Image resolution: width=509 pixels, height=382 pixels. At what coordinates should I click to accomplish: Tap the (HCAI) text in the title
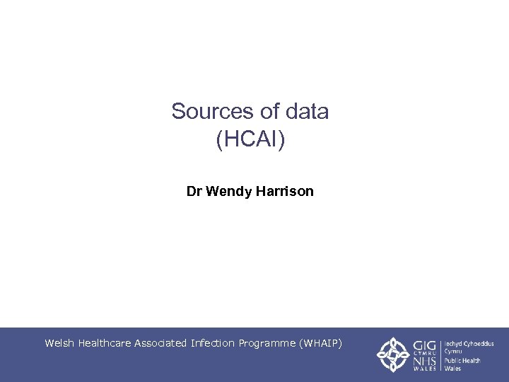[250, 139]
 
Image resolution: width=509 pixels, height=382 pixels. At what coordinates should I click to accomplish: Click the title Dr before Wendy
[194, 191]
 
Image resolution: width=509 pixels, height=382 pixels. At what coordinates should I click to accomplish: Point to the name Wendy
[224, 191]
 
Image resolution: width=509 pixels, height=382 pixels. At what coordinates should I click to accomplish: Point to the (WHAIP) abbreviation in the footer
[321, 343]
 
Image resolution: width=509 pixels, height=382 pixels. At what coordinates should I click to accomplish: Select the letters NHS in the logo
[424, 361]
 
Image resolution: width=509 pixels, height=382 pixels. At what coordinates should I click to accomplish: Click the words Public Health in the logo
[462, 361]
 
